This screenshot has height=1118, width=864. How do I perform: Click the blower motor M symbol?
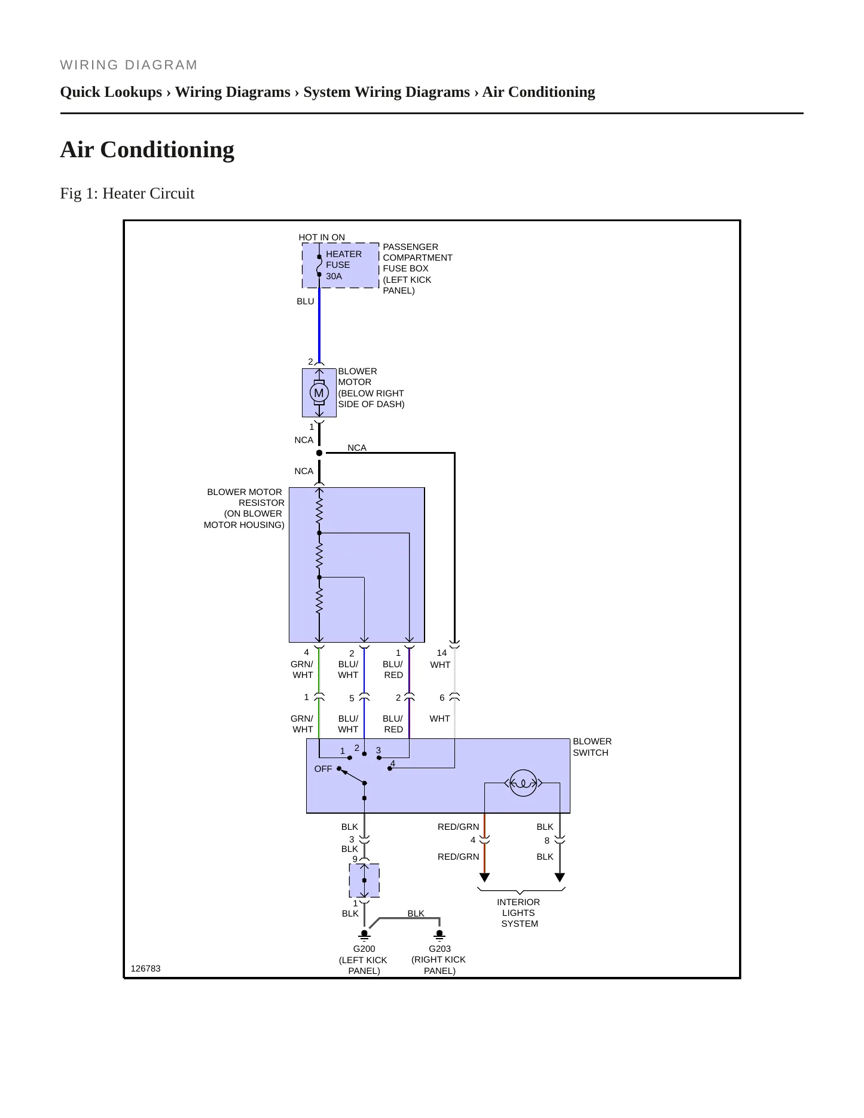click(x=319, y=393)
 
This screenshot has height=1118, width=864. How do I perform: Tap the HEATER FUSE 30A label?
click(x=344, y=265)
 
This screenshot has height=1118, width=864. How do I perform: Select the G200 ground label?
click(x=364, y=949)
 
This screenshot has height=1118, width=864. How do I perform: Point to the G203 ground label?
click(x=439, y=949)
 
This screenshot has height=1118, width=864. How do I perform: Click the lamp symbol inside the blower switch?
click(x=523, y=783)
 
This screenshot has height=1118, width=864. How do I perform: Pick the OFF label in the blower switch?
click(x=323, y=769)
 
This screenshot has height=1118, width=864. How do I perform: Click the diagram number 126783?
click(x=145, y=969)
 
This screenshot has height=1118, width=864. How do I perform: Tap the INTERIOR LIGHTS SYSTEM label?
click(x=519, y=913)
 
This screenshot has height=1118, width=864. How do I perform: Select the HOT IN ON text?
click(x=322, y=237)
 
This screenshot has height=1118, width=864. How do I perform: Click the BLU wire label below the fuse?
click(x=306, y=301)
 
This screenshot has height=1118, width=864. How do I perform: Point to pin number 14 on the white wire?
click(x=442, y=653)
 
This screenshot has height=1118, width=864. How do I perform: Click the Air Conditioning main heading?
click(x=147, y=149)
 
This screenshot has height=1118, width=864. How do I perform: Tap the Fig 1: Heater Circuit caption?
click(x=127, y=193)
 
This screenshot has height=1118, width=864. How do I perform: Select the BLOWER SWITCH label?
click(x=592, y=747)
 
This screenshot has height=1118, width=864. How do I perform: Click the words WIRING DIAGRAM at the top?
click(x=129, y=65)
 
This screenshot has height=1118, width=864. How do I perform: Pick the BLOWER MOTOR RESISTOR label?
click(x=244, y=508)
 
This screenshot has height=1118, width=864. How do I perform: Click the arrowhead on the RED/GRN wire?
click(x=485, y=878)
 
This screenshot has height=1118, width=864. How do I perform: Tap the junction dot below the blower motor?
click(x=319, y=453)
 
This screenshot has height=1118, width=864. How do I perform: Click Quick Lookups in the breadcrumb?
click(x=111, y=92)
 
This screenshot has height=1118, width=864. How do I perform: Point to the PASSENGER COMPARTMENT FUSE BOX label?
click(x=417, y=268)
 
